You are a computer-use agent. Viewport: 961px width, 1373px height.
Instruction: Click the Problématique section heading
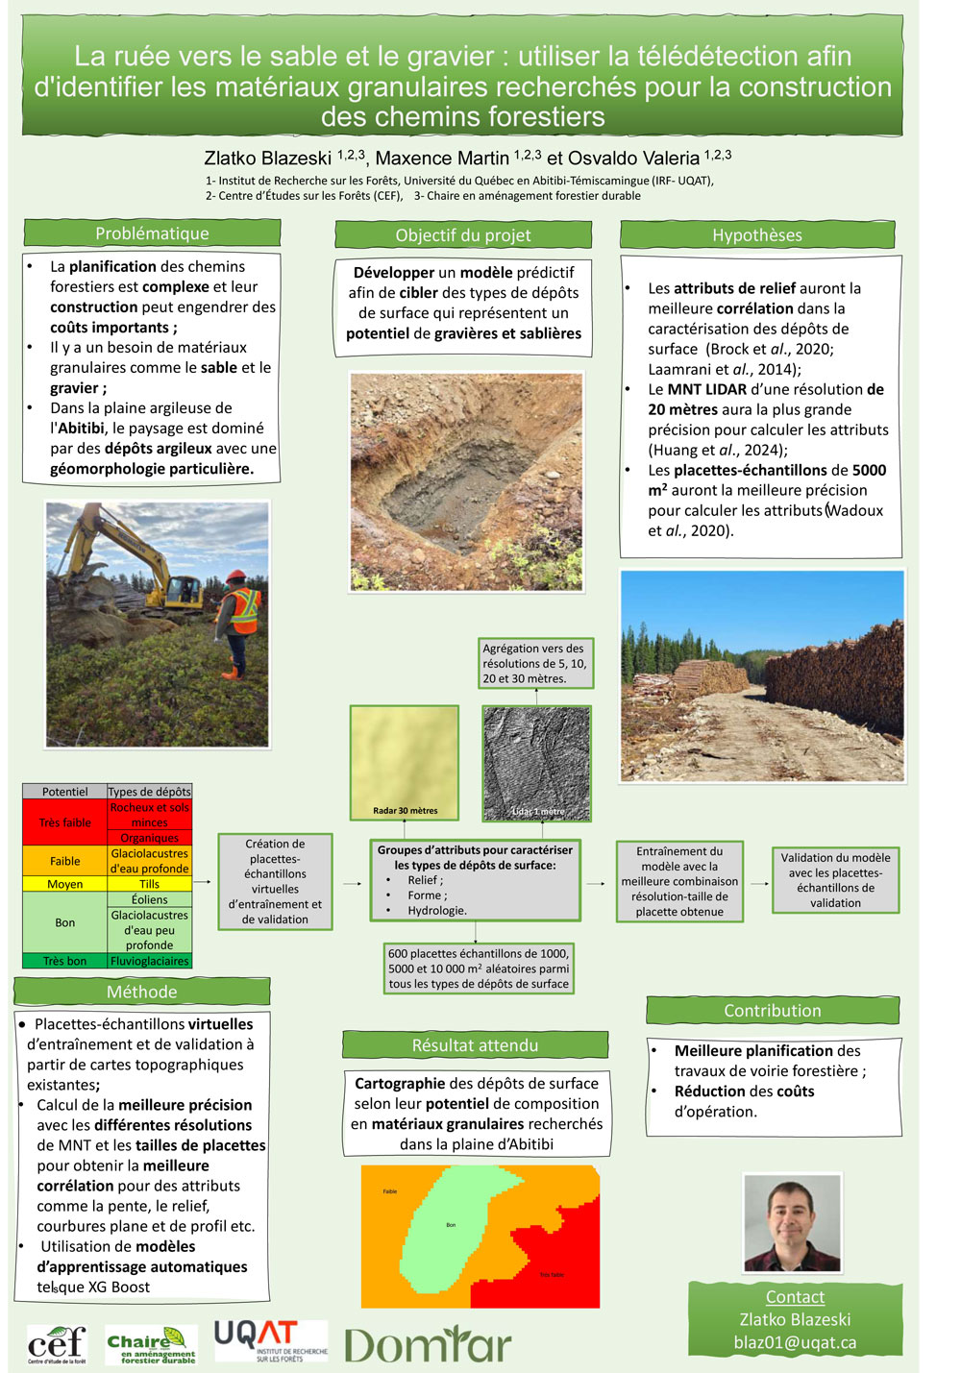(152, 233)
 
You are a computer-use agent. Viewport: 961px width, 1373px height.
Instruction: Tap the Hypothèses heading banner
(756, 235)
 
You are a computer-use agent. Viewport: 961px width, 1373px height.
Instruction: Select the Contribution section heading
(772, 1011)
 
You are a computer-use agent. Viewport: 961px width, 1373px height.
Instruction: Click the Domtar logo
(428, 1343)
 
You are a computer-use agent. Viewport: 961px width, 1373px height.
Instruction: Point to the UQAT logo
(270, 1340)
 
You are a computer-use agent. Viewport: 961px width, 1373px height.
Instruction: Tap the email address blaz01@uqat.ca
(795, 1342)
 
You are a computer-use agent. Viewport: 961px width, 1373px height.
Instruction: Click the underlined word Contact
(795, 1297)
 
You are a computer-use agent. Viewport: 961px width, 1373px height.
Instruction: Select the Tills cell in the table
(149, 884)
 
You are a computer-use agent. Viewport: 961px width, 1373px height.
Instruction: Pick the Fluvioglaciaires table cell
(149, 961)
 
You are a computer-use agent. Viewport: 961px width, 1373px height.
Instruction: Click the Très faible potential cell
(64, 822)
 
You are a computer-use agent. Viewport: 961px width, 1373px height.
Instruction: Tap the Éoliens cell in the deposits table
(149, 899)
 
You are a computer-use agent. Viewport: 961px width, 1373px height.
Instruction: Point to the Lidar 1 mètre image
(536, 762)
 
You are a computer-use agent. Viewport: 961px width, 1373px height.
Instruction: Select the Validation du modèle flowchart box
(835, 880)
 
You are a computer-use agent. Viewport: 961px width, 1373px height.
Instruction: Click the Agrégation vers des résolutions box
(535, 663)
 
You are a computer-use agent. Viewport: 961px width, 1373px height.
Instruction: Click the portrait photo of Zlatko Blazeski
(792, 1223)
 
